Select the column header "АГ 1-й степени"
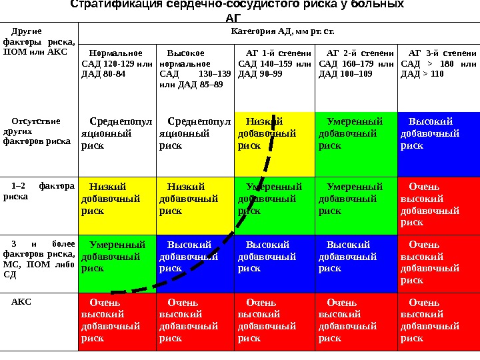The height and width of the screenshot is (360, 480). (x=274, y=63)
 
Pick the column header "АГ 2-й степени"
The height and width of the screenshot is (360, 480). (x=355, y=63)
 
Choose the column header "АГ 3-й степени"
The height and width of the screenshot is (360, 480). (x=438, y=63)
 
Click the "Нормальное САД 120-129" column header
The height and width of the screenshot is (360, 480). (x=117, y=63)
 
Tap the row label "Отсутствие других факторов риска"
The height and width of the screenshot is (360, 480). (x=37, y=131)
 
